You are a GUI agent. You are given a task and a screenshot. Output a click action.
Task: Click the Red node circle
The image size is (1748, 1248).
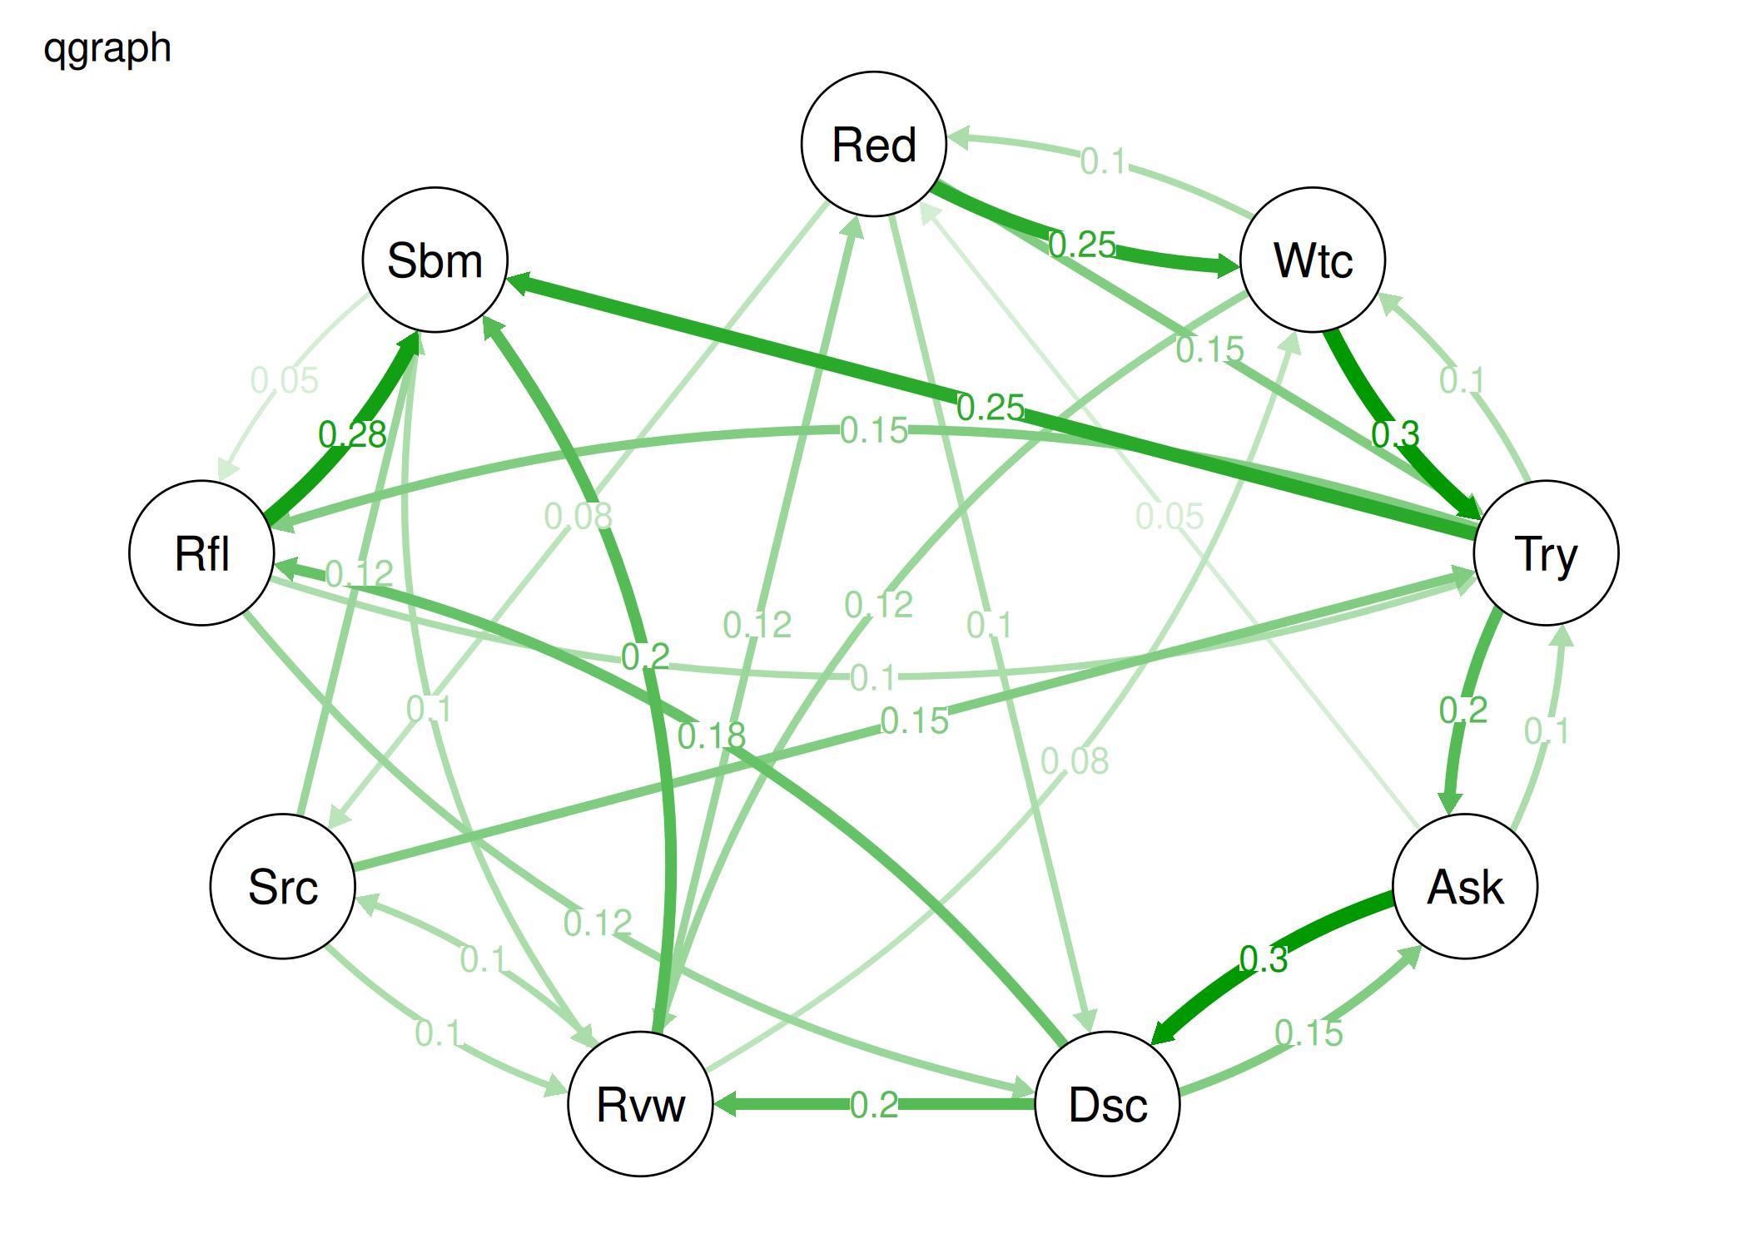(x=873, y=144)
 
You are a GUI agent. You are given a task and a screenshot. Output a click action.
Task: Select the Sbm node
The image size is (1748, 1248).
(x=435, y=260)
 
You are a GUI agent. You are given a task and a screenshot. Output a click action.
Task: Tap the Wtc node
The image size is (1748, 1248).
(x=1313, y=260)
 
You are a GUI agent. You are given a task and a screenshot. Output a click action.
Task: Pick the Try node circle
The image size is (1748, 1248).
(x=1546, y=553)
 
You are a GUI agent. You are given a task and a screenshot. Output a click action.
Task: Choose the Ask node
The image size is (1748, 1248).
(x=1465, y=887)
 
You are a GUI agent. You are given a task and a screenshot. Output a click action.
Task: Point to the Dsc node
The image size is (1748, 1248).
(x=1107, y=1105)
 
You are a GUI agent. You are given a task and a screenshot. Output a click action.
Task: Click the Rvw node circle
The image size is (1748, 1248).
(x=640, y=1105)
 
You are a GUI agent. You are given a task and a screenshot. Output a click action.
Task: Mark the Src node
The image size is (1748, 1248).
(x=282, y=887)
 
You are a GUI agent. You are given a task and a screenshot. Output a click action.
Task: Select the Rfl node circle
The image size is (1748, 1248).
(x=201, y=553)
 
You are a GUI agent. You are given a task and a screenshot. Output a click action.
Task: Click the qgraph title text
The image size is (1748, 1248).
(x=107, y=47)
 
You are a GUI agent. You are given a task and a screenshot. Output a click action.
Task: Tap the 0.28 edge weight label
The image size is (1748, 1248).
(x=352, y=434)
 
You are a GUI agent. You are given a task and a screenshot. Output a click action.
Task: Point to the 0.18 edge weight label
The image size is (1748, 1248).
(x=711, y=735)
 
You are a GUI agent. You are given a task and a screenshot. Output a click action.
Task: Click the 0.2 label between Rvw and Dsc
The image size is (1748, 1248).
(x=874, y=1105)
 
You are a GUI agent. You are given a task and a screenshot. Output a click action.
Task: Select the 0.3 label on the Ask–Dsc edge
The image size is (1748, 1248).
(x=1263, y=959)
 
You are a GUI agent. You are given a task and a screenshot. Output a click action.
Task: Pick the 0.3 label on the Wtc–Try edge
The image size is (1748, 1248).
(x=1395, y=433)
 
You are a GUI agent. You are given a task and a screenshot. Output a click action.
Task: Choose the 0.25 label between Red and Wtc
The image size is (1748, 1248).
(x=1082, y=245)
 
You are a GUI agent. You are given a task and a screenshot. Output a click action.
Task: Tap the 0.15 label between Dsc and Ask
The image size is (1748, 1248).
(x=1309, y=1033)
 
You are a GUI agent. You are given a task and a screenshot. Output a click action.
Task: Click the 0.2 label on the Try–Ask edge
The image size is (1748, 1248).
(x=1463, y=711)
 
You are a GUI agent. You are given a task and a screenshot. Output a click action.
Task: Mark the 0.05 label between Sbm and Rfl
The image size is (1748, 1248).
(x=285, y=381)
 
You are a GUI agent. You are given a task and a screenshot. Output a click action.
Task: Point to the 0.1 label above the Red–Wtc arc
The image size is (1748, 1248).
(x=1103, y=161)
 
